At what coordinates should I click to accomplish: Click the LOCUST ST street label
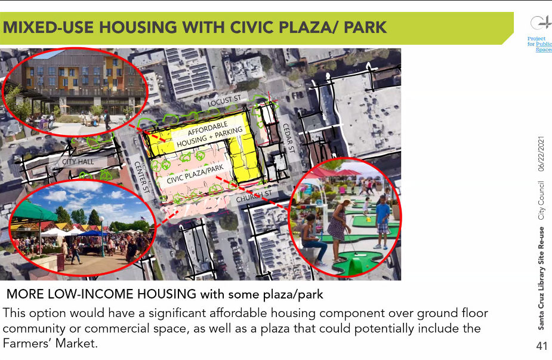pos(224,100)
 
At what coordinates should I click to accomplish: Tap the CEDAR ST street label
pos(289,138)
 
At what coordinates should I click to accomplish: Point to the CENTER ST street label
pos(142,177)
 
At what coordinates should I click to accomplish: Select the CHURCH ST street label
pos(254,196)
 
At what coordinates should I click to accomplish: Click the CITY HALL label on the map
pos(78,162)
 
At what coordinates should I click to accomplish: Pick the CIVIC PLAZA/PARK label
pos(195,174)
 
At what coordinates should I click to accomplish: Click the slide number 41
pos(542,346)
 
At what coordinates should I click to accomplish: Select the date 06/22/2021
pos(541,153)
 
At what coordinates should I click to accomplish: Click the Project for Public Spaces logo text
pos(539,44)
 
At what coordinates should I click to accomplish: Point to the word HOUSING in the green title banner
pos(138,27)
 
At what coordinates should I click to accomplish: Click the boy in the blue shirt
pos(382,222)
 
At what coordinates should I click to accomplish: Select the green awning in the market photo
pos(33,211)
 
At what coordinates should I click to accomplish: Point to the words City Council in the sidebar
pos(541,201)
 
